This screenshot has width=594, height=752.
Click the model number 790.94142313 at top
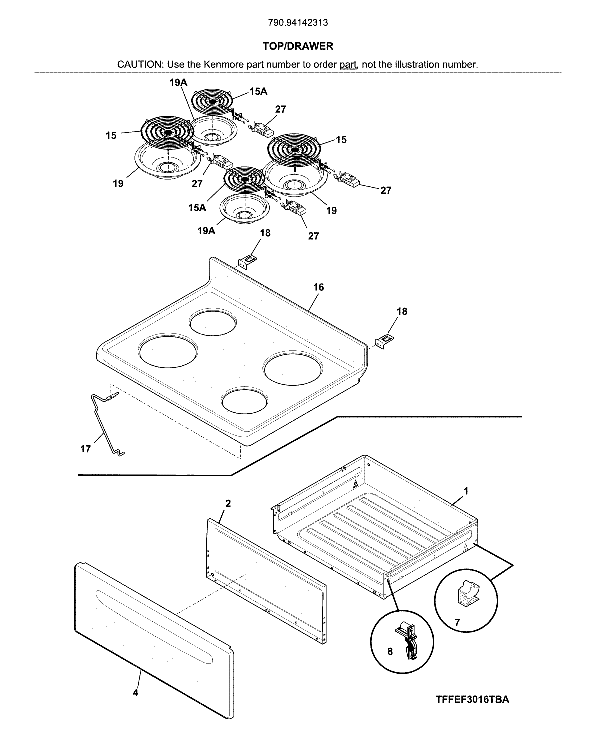[298, 23]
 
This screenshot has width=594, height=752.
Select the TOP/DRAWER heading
[298, 46]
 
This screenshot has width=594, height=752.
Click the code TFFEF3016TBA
[472, 699]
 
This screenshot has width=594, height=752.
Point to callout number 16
[318, 287]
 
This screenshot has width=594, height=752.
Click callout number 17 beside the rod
[85, 449]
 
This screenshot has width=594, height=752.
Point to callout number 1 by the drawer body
[466, 491]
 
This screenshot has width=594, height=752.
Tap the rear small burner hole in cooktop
[213, 323]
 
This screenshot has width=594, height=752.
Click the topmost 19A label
[178, 83]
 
